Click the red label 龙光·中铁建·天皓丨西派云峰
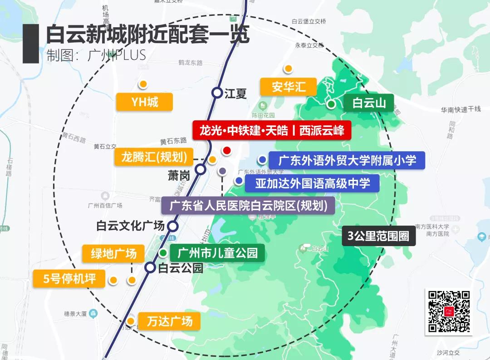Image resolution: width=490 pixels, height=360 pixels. [x=271, y=130]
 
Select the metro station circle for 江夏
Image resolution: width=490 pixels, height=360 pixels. [x=217, y=93]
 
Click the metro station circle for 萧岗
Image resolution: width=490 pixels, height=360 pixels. [x=201, y=170]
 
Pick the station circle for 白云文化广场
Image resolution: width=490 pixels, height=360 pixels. [x=173, y=226]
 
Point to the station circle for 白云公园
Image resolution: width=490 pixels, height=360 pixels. [x=150, y=267]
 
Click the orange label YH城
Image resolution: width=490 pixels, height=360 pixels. [x=144, y=102]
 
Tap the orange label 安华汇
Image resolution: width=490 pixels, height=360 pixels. [x=289, y=86]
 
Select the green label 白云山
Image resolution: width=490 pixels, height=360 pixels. [x=368, y=103]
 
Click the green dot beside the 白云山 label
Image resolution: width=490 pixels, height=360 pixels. [x=332, y=104]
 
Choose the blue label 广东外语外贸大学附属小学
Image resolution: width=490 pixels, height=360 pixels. [x=347, y=160]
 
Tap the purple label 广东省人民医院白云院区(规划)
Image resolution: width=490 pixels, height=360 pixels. [x=248, y=205]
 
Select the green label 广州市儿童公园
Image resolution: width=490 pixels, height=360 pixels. [x=217, y=252]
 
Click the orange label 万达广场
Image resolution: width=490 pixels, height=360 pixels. [x=169, y=321]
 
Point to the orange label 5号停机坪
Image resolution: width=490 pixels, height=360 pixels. [x=69, y=278]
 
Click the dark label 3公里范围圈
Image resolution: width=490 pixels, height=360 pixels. [x=378, y=236]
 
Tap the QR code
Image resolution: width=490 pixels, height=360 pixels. [x=449, y=311]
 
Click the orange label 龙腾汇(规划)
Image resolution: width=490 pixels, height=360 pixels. [x=154, y=157]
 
